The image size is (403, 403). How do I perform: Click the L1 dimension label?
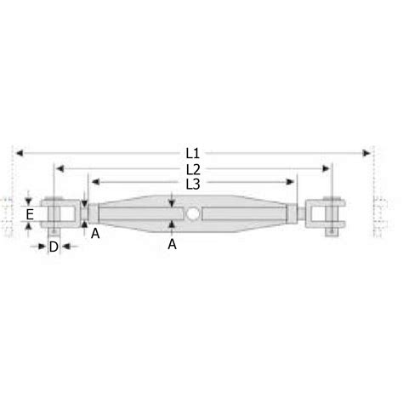192,153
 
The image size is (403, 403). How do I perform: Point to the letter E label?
30,214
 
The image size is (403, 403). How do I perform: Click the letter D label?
53,247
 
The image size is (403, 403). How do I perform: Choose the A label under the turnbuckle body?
173,244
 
